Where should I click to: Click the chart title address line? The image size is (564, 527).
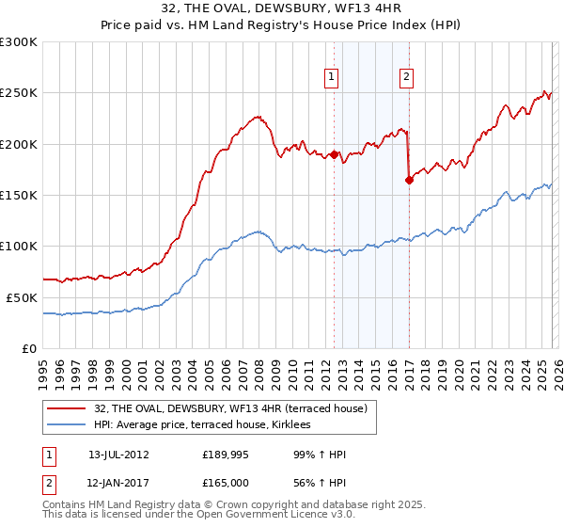pyautogui.click(x=282, y=9)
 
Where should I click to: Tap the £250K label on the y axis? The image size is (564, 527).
pyautogui.click(x=19, y=93)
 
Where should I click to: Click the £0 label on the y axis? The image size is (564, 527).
pyautogui.click(x=30, y=348)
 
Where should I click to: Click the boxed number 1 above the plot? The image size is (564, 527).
pyautogui.click(x=334, y=78)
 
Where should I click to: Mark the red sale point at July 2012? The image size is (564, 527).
pyautogui.click(x=334, y=154)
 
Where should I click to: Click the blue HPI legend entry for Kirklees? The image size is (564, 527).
pyautogui.click(x=208, y=425)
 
